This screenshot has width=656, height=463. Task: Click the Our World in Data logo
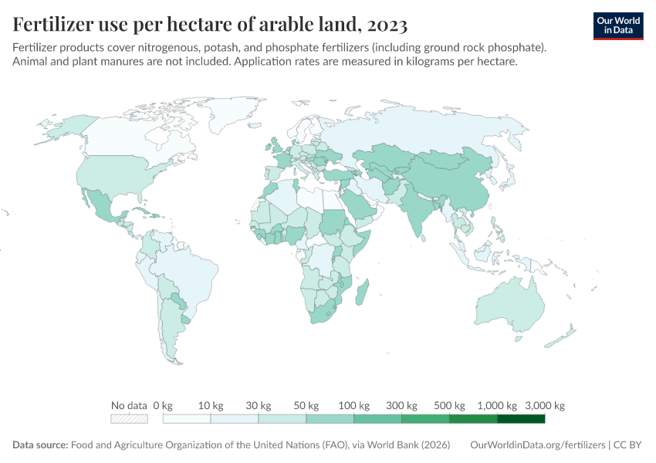[x=617, y=25]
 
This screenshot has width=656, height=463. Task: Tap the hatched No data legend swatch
[x=129, y=419]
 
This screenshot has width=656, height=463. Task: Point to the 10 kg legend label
[x=210, y=406]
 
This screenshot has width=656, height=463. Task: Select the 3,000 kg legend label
[x=546, y=406]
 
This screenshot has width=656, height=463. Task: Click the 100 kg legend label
[x=354, y=406]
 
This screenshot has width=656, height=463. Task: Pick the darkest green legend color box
[x=521, y=419]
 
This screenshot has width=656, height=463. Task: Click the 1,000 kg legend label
[x=497, y=406]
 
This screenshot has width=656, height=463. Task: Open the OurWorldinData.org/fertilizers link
[x=538, y=445]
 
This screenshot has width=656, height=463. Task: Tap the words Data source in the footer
[x=40, y=445]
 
